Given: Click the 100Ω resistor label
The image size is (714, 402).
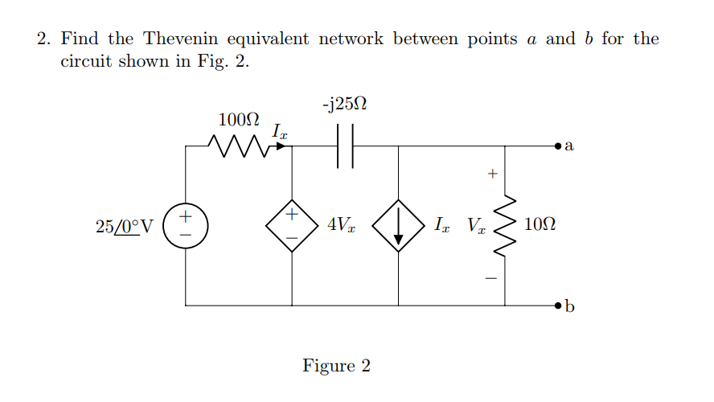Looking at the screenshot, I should pyautogui.click(x=239, y=120).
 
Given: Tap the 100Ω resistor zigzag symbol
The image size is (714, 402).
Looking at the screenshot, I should pyautogui.click(x=239, y=146).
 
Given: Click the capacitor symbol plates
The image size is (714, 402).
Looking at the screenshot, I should pyautogui.click(x=345, y=146).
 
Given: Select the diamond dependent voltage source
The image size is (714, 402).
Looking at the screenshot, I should pyautogui.click(x=291, y=225).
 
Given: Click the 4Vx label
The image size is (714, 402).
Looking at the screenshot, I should pyautogui.click(x=340, y=226).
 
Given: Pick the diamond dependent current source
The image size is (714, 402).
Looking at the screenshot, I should pyautogui.click(x=398, y=225).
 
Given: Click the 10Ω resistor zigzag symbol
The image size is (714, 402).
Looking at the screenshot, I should pyautogui.click(x=505, y=225).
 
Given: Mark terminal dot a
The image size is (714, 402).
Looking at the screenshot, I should pyautogui.click(x=558, y=146).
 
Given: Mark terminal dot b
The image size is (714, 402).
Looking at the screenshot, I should pyautogui.click(x=558, y=306).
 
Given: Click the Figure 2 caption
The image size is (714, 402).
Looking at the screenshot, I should pyautogui.click(x=336, y=367).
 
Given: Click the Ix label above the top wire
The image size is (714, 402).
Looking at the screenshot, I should pyautogui.click(x=278, y=129).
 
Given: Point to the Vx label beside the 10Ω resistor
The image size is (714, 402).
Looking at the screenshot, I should pyautogui.click(x=475, y=226).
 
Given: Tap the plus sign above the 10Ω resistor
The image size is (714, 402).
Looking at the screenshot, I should pyautogui.click(x=493, y=173).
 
